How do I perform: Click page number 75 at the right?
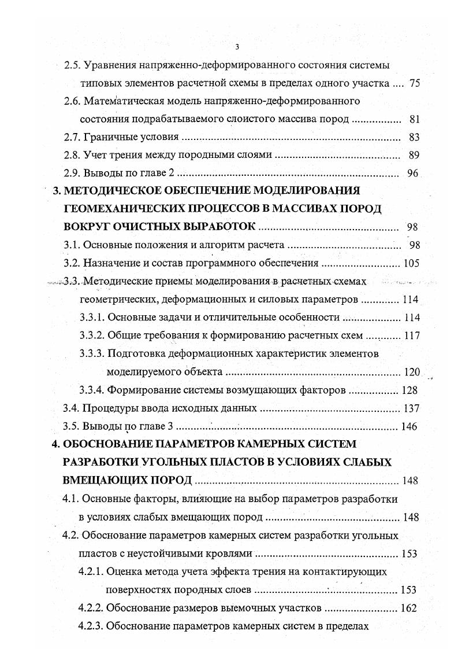pos(414,83)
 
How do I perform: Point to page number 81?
pos(414,119)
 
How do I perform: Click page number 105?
pos(411,263)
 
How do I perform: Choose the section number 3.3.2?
pos(91,335)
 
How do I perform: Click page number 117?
pos(412,335)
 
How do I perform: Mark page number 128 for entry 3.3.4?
pos(412,390)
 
